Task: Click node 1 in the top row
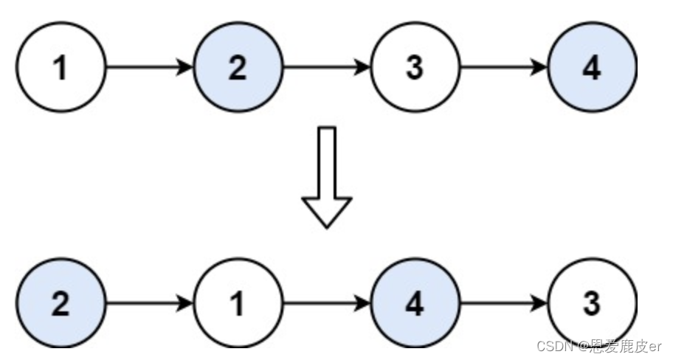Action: point(61,68)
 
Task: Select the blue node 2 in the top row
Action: point(238,68)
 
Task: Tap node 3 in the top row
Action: point(415,68)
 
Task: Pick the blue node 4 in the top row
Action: point(592,68)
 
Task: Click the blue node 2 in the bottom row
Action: point(61,303)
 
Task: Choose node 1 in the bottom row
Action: point(238,303)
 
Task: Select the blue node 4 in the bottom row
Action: point(415,303)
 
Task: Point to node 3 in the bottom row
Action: point(592,303)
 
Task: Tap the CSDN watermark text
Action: point(598,346)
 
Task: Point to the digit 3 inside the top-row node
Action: point(415,68)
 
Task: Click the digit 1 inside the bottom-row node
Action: point(238,303)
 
